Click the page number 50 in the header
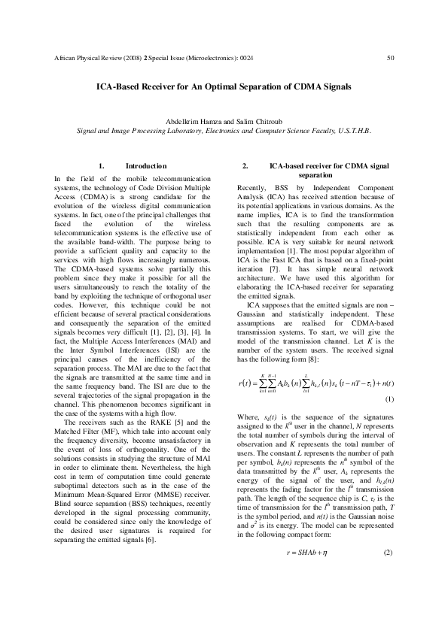(x=390, y=58)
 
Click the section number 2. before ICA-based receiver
(x=245, y=165)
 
